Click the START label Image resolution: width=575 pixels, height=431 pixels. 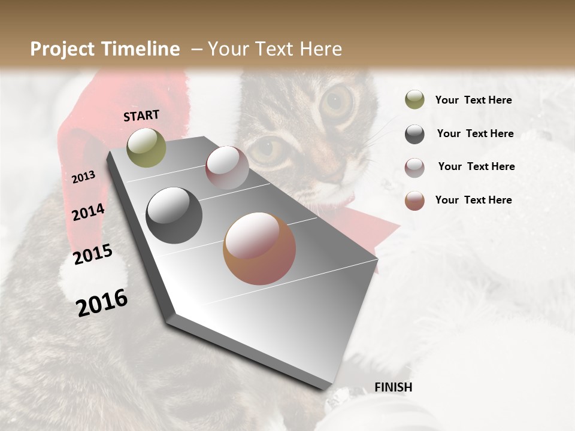tap(141, 116)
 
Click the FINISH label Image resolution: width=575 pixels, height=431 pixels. tap(393, 387)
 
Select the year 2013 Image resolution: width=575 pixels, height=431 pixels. tap(83, 177)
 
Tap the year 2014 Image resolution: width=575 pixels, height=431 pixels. tap(88, 213)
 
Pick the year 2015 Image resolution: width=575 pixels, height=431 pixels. tap(93, 254)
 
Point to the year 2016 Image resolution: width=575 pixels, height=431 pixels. tap(102, 303)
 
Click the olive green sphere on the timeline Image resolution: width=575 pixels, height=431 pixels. tap(146, 147)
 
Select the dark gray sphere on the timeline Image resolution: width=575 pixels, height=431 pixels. tap(174, 215)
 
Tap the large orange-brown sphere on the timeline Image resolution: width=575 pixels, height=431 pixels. tap(259, 248)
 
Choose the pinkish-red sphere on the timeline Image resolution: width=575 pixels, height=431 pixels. tap(227, 168)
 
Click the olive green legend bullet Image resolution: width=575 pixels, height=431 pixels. tap(414, 100)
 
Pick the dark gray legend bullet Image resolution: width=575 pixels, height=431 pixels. tap(414, 134)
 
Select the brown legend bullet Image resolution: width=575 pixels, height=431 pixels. tap(414, 201)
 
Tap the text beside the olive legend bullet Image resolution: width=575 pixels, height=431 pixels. tap(473, 100)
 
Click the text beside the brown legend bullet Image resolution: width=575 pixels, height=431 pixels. tap(473, 200)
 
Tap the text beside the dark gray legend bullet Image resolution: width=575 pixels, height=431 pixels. tap(475, 133)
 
